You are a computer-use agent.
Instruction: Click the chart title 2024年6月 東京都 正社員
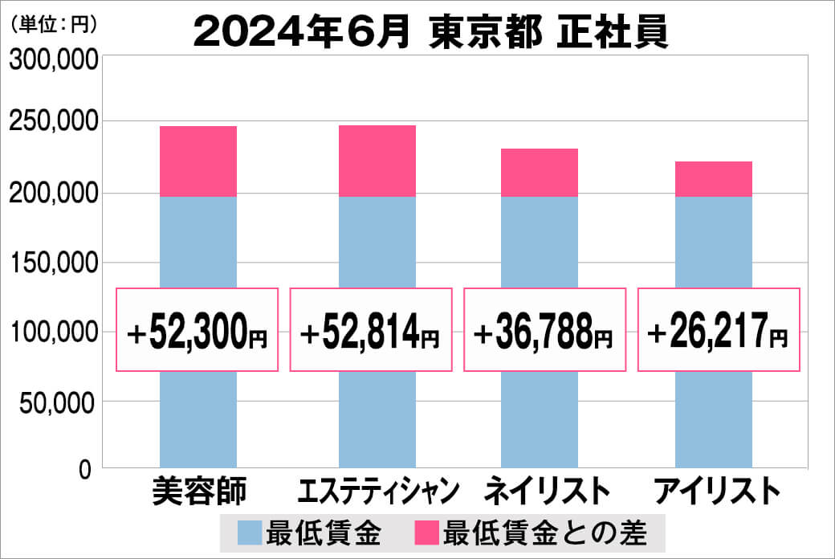(x=431, y=33)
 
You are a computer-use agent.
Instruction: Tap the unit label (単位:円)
(x=54, y=24)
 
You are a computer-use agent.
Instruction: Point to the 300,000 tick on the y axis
(x=55, y=59)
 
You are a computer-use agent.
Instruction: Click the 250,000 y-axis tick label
(x=55, y=122)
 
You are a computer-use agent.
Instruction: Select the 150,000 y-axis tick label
(x=55, y=263)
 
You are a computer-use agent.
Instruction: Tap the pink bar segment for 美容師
(x=198, y=161)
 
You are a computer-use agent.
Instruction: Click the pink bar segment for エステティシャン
(x=377, y=161)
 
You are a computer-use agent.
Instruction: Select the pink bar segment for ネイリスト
(x=539, y=173)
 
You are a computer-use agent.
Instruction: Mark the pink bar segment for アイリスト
(x=713, y=179)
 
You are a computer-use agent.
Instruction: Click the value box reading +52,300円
(x=198, y=330)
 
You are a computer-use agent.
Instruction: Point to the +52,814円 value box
(x=371, y=330)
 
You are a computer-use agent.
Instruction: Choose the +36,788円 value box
(x=545, y=330)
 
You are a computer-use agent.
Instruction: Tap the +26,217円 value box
(x=719, y=330)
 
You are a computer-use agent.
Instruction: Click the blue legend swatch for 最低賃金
(x=250, y=532)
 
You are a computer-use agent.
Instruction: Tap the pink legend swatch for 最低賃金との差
(x=426, y=532)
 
